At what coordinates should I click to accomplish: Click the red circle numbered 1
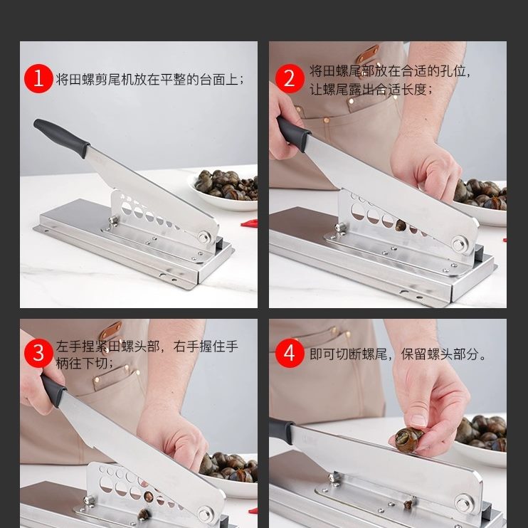(38, 78)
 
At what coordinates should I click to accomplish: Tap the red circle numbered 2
(290, 78)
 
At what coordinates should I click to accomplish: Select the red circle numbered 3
(38, 353)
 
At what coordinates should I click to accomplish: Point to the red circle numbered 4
(290, 353)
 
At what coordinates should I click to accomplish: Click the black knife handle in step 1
(61, 137)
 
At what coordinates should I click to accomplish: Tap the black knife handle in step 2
(293, 133)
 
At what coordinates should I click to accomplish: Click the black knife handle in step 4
(282, 431)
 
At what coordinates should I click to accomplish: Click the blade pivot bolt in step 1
(204, 237)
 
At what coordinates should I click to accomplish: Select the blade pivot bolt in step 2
(459, 243)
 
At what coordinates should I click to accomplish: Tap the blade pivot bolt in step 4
(463, 503)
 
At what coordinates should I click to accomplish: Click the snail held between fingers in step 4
(408, 440)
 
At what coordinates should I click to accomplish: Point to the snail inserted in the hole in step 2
(400, 226)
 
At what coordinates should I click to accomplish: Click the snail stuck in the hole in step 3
(149, 496)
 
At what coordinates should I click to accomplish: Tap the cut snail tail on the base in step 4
(408, 504)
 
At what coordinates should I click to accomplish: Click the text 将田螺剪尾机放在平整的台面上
(147, 80)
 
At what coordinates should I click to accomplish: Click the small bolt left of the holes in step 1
(113, 221)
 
